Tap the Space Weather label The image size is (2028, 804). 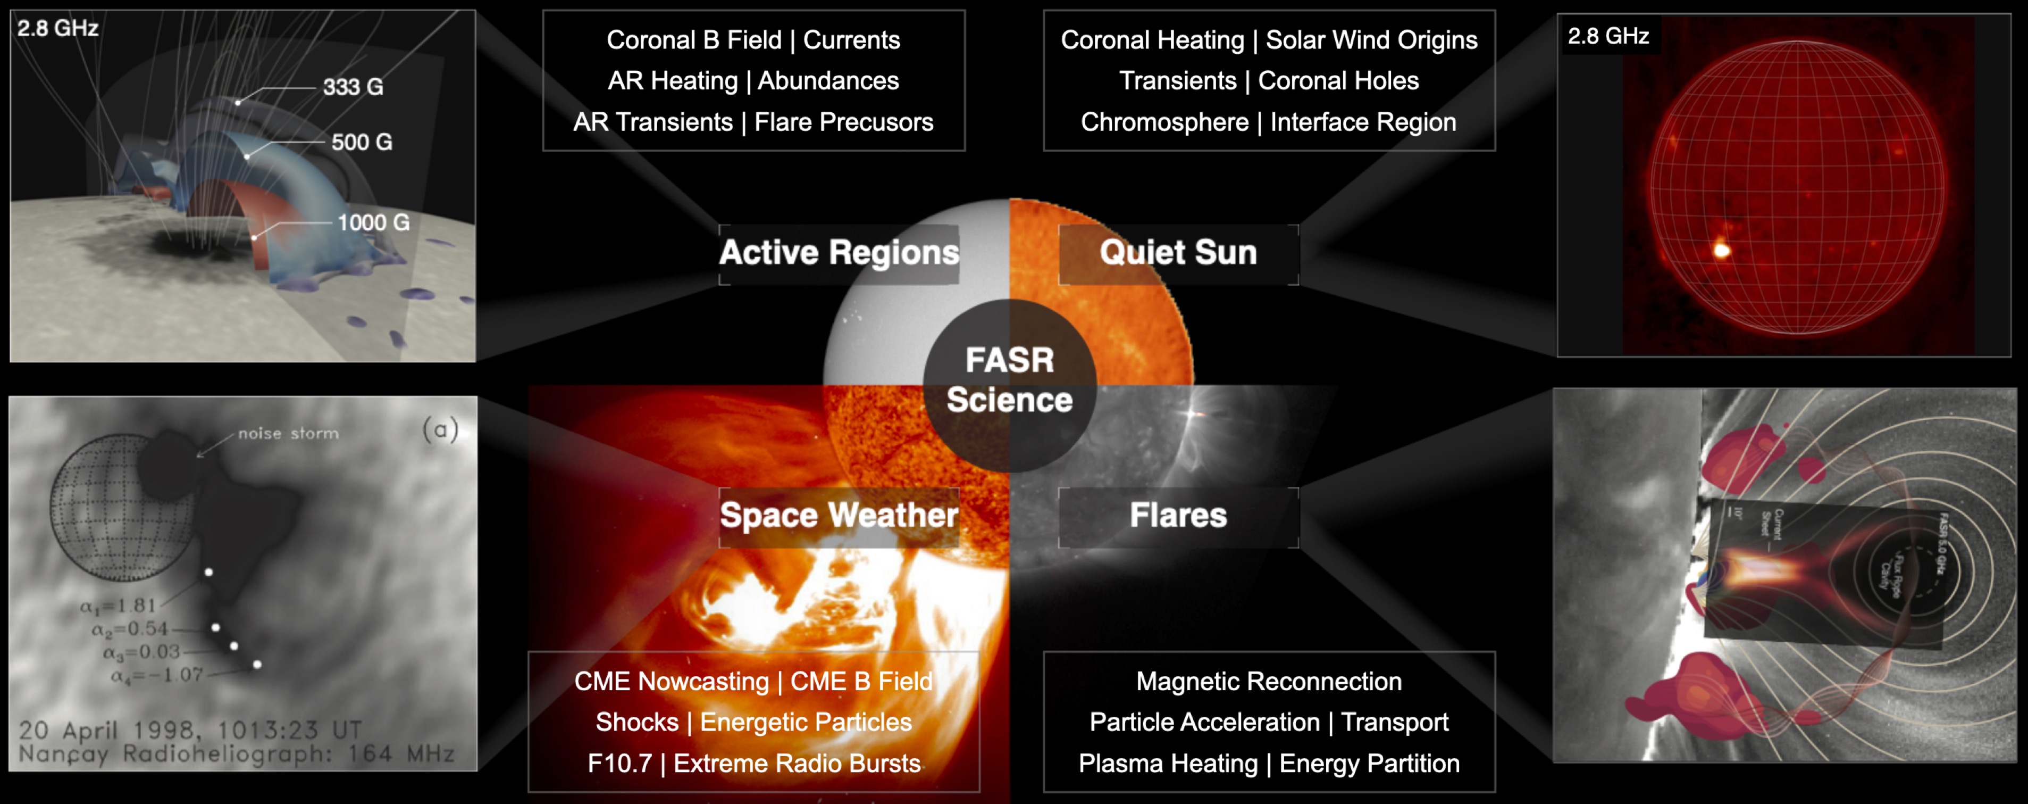pyautogui.click(x=839, y=516)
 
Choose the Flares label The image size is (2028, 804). pyautogui.click(x=1178, y=516)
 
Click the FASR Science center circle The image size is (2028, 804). pyautogui.click(x=1009, y=381)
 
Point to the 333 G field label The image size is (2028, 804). pyautogui.click(x=353, y=87)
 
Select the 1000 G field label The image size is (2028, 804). pyautogui.click(x=373, y=223)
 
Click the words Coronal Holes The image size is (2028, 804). pyautogui.click(x=1338, y=81)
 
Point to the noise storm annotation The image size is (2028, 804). pyautogui.click(x=288, y=434)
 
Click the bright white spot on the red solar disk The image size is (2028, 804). pyautogui.click(x=1722, y=251)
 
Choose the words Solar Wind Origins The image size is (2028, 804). pyautogui.click(x=1371, y=40)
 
